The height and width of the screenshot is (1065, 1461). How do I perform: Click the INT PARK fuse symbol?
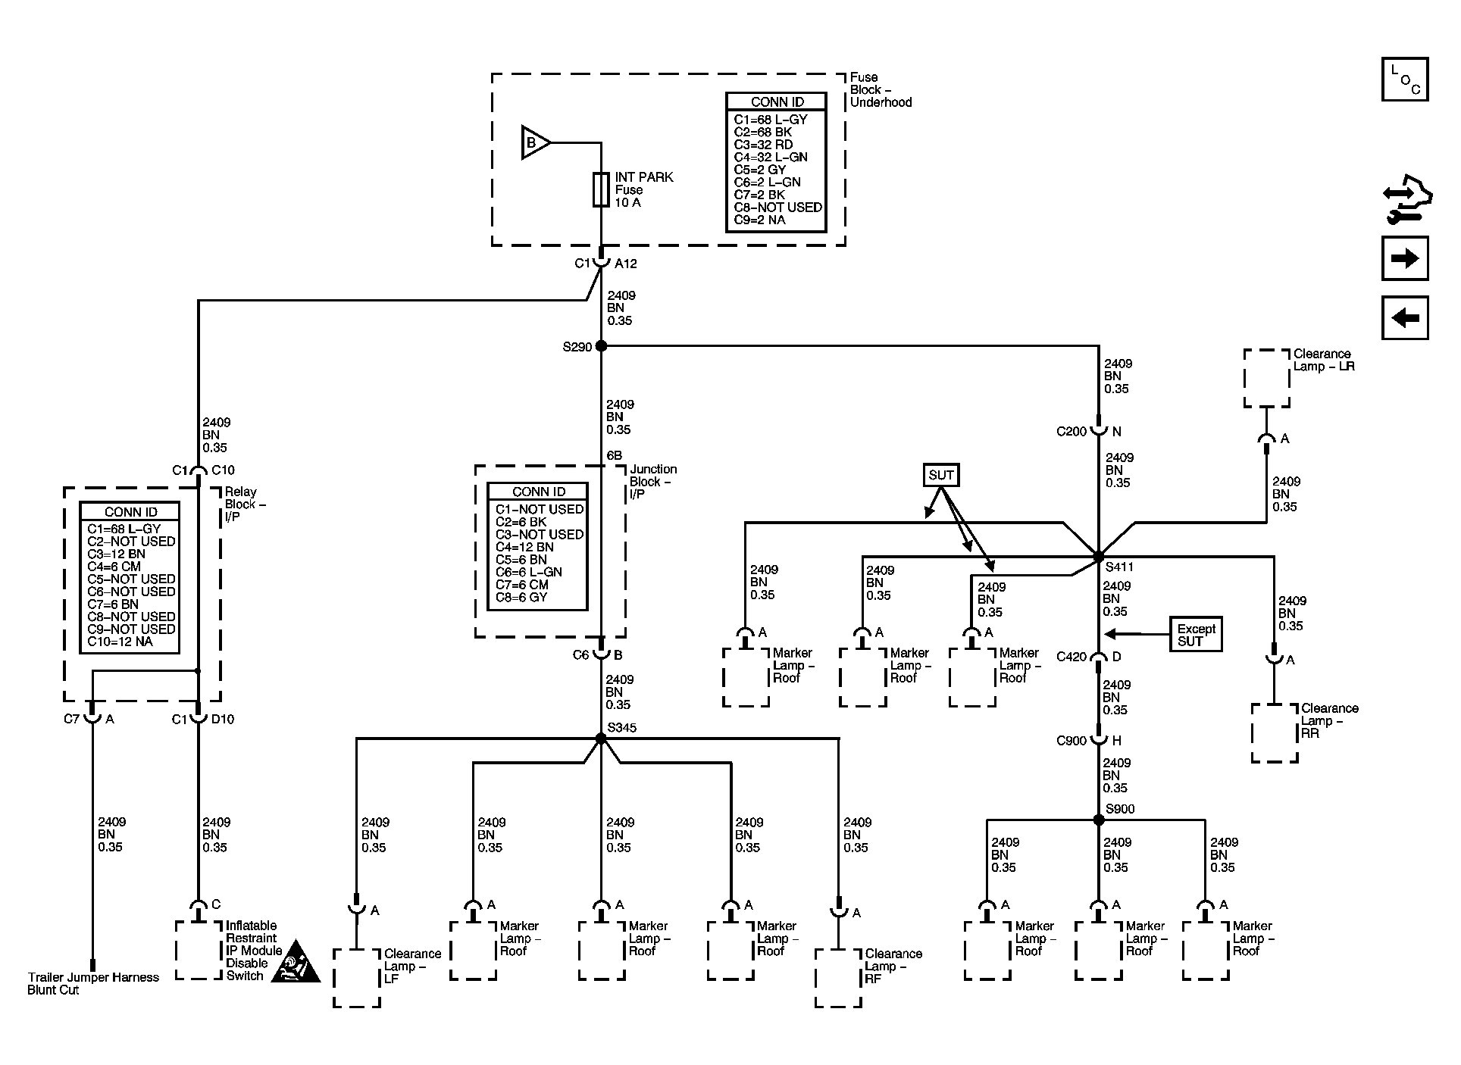[601, 189]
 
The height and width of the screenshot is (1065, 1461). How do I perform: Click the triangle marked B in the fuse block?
[535, 142]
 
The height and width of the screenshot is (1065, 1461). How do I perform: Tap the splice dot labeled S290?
[601, 346]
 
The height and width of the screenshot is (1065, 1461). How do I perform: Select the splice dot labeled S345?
[601, 738]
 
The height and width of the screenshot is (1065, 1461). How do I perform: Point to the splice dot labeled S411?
[1099, 557]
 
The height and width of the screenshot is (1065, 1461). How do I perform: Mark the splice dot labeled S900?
[1099, 820]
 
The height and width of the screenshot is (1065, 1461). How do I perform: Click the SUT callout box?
[941, 475]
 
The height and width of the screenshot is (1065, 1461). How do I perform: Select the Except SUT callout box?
[1196, 635]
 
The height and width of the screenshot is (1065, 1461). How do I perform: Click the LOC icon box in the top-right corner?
[1405, 80]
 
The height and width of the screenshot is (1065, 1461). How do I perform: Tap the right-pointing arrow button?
[1405, 259]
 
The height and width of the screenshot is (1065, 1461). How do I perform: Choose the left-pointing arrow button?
[1405, 317]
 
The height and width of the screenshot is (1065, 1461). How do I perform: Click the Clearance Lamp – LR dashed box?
[1266, 379]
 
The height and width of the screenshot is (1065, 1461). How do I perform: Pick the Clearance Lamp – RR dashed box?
[1274, 733]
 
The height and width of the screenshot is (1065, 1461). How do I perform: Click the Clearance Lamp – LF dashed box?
[356, 978]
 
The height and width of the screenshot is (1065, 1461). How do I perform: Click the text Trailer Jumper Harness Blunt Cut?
[93, 984]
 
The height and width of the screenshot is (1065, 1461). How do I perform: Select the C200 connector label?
[1072, 432]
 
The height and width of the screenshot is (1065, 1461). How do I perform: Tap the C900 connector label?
[1072, 741]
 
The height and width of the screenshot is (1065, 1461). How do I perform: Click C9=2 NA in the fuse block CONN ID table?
[759, 220]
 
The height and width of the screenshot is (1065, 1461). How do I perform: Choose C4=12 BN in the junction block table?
[524, 547]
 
